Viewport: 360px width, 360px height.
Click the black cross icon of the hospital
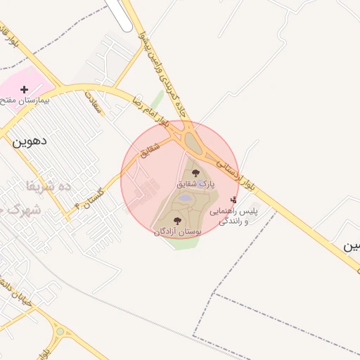[25, 89]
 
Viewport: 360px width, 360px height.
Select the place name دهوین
[30, 140]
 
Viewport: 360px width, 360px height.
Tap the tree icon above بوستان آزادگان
[176, 221]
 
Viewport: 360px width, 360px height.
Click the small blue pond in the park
[185, 199]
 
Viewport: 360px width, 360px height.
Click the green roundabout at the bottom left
[60, 331]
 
